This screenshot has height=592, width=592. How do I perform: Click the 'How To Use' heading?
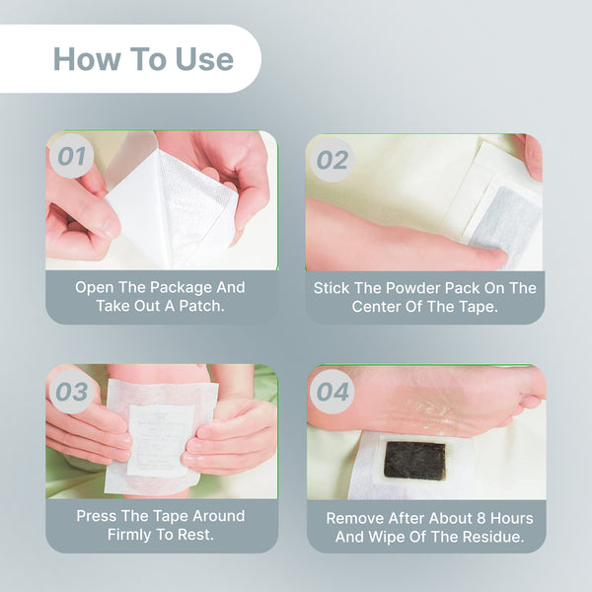point(143,58)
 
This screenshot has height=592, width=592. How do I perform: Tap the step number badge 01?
point(70,157)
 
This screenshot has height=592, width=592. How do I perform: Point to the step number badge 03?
point(71,392)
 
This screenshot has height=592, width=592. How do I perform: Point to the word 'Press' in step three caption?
point(98,516)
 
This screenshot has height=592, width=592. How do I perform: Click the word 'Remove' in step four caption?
point(354,518)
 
